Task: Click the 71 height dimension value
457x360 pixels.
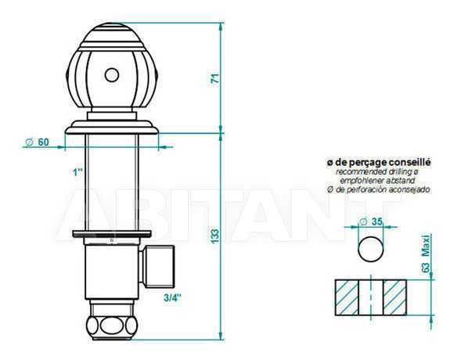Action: click(x=214, y=78)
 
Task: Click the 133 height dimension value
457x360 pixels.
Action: click(x=214, y=236)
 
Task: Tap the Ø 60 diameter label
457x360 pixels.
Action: click(x=37, y=142)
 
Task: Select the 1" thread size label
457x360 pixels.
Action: click(x=77, y=172)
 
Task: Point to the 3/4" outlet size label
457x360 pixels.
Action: click(x=172, y=297)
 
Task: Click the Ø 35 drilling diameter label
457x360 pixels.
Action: click(x=371, y=221)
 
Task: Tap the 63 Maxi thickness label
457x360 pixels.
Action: click(x=426, y=254)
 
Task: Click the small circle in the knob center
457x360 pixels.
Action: click(x=112, y=75)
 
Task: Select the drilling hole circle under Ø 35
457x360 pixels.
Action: click(x=370, y=249)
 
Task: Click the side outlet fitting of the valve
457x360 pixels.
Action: click(x=157, y=266)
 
